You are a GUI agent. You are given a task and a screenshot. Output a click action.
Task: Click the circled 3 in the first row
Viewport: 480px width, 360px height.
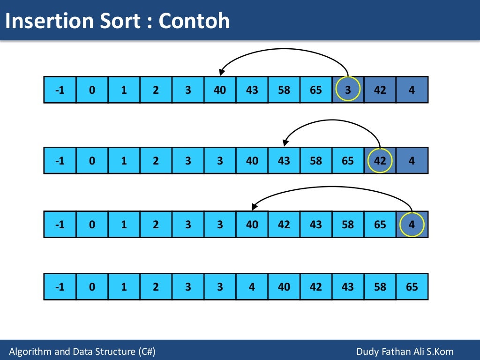(348, 90)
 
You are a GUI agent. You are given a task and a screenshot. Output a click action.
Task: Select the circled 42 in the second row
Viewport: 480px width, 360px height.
(380, 160)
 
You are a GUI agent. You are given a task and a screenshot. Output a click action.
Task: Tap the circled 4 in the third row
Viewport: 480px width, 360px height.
(412, 224)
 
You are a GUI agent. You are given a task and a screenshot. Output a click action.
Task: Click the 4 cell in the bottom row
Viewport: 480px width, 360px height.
(252, 286)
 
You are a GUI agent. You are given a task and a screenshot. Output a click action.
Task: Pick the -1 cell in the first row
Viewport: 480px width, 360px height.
(60, 90)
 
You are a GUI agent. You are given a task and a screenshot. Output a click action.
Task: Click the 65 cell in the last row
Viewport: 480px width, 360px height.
(412, 286)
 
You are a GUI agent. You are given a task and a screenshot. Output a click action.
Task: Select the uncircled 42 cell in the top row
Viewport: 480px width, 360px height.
(380, 90)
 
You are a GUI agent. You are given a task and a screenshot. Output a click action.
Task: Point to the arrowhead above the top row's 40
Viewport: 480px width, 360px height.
(222, 72)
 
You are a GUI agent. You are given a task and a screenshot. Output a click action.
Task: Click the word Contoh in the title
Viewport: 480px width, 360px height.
(194, 21)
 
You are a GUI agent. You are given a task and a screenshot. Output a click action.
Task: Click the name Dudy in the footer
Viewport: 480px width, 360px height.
(368, 352)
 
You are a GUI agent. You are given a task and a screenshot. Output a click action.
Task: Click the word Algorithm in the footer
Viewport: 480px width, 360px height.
(29, 352)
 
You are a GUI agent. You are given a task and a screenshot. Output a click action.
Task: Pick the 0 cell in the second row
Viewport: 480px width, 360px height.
(92, 160)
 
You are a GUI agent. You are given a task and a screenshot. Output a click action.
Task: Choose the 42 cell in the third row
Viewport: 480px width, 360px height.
(284, 224)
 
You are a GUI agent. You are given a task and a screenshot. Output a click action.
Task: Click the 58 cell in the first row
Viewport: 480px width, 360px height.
(284, 90)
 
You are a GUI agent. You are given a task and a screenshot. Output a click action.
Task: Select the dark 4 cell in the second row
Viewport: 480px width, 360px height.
(412, 160)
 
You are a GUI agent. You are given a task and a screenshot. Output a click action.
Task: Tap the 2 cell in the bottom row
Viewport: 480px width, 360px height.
(156, 286)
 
